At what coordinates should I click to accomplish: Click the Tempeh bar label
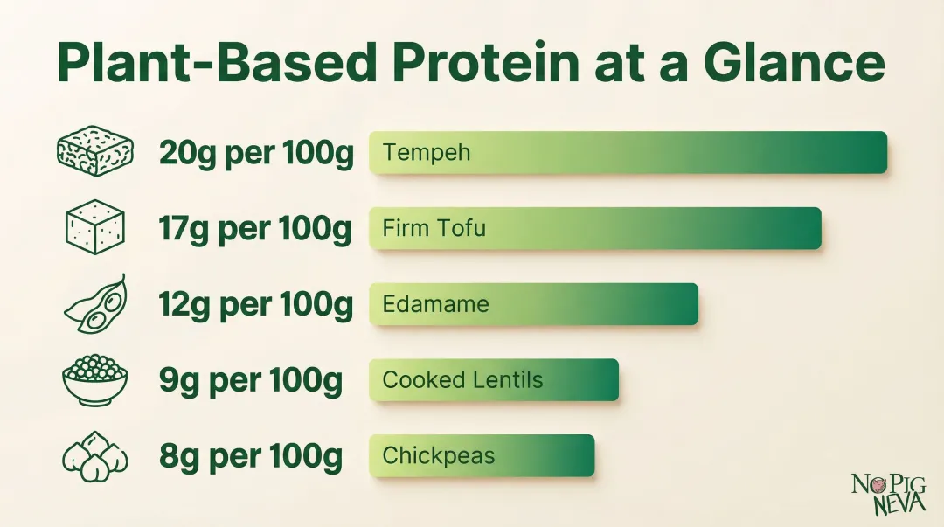(427, 153)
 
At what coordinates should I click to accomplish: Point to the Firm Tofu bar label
(434, 229)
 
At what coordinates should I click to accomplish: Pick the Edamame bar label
(435, 305)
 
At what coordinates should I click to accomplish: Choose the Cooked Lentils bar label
(462, 380)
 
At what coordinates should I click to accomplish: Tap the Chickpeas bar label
(439, 456)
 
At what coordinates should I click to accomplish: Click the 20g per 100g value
(256, 154)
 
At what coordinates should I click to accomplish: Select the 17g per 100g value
(255, 230)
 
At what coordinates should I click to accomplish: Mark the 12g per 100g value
(256, 305)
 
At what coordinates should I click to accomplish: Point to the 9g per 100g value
(250, 381)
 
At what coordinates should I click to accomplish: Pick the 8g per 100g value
(250, 457)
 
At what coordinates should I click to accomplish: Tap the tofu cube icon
(95, 228)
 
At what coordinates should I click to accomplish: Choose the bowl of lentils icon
(95, 380)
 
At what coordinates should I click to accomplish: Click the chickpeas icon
(95, 457)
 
